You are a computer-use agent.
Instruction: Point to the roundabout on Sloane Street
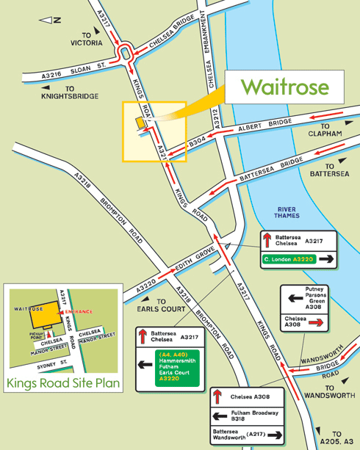coord(126,52)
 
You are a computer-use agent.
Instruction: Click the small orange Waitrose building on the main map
coord(138,123)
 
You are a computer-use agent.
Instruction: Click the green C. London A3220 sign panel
coord(298,259)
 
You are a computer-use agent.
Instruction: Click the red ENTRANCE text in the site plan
coord(79,312)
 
